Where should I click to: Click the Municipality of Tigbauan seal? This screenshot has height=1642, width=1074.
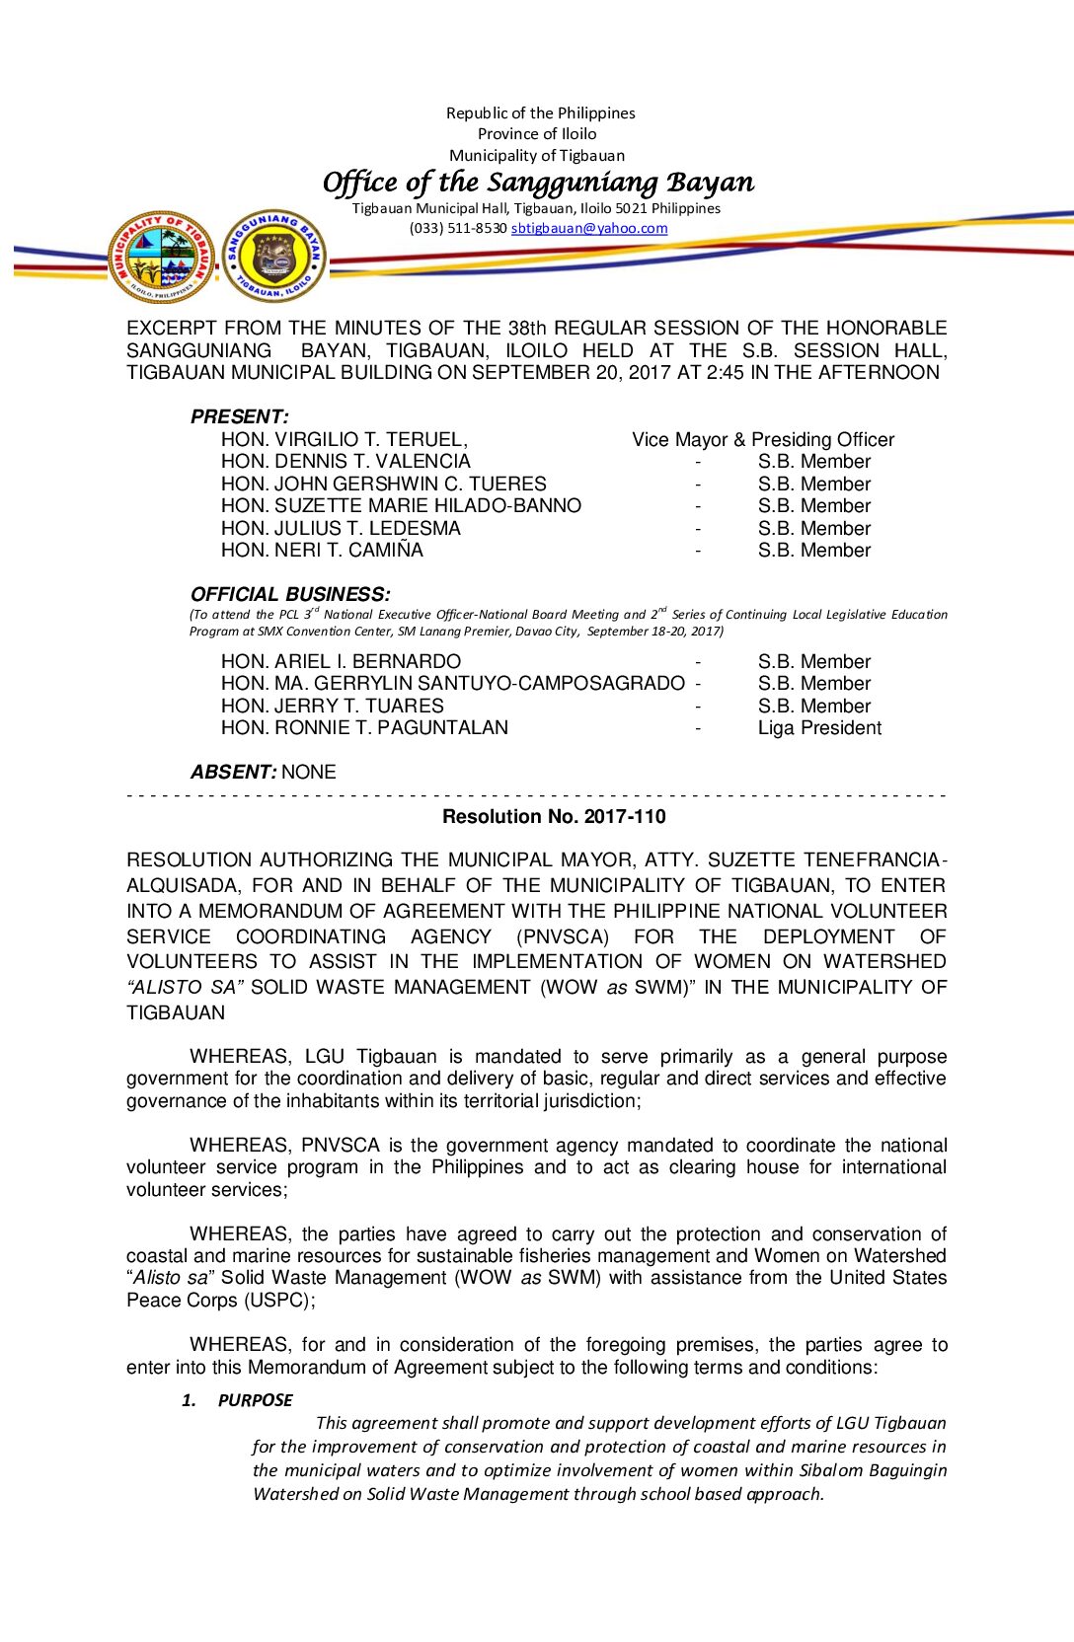pos(161,257)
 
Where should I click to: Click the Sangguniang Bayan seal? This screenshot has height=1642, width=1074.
pos(273,256)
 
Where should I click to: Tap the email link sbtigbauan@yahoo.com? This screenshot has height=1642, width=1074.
pos(588,228)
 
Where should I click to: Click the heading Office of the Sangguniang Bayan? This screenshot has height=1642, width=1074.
pos(538,183)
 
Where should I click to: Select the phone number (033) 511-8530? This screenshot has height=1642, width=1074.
pos(458,228)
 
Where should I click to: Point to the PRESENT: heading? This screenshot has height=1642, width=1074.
pos(239,416)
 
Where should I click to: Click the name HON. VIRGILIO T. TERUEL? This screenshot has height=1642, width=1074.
pos(344,439)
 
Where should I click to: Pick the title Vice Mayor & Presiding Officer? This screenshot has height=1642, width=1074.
pos(763,439)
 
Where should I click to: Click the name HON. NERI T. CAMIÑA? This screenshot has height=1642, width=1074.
pos(322,550)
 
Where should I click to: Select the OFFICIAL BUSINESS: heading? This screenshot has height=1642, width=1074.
pos(290,594)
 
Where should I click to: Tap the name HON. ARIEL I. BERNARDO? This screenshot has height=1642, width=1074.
pos(341,661)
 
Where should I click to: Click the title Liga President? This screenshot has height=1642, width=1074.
pos(819,727)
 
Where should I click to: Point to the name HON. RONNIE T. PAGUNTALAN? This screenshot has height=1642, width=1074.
pos(364,727)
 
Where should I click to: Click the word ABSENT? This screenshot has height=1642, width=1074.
pos(234,772)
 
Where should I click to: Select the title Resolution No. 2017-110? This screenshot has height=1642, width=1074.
pos(554,816)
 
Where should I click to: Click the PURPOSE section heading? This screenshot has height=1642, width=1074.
pos(255,1399)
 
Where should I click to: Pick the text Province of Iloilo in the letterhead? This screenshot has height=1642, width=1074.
pos(537,134)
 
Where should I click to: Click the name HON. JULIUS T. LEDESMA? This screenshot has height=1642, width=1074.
pos(341,528)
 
